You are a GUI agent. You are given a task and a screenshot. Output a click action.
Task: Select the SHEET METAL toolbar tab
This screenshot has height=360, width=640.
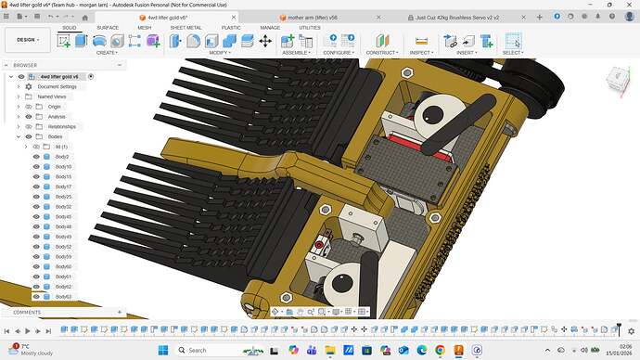pyautogui.click(x=186, y=28)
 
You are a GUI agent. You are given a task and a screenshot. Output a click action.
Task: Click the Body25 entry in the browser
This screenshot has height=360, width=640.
pyautogui.click(x=63, y=197)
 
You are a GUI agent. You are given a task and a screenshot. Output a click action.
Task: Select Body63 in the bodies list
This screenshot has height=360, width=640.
pyautogui.click(x=63, y=297)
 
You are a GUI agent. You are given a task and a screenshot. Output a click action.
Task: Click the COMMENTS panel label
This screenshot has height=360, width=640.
pyautogui.click(x=27, y=313)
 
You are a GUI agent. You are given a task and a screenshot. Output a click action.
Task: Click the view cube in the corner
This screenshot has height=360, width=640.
pyautogui.click(x=616, y=82)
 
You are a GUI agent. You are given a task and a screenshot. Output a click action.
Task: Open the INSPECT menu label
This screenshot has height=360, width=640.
pyautogui.click(x=421, y=53)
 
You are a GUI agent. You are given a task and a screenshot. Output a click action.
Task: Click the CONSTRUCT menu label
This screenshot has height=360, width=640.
pyautogui.click(x=381, y=53)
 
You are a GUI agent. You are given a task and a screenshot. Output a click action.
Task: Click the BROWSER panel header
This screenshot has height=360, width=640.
pyautogui.click(x=26, y=66)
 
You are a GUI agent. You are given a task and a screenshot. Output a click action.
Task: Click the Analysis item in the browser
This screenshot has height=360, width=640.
pyautogui.click(x=56, y=117)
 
